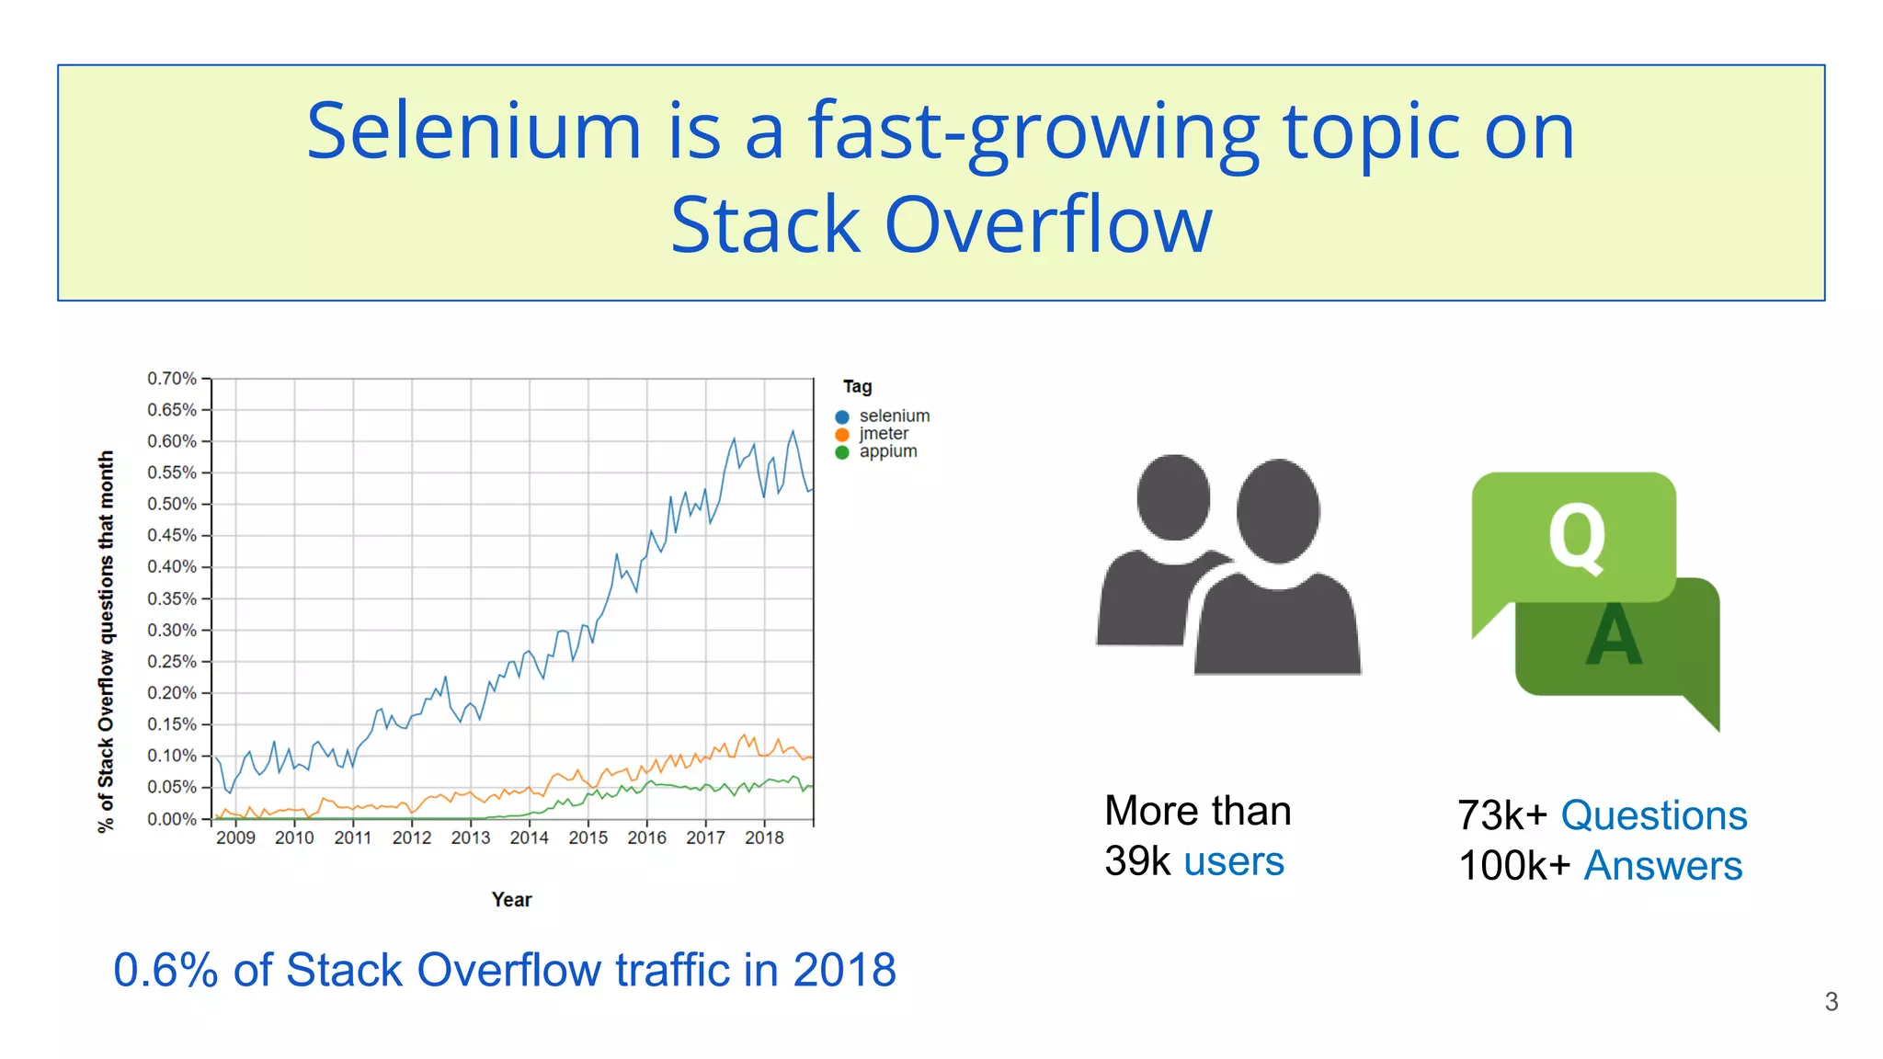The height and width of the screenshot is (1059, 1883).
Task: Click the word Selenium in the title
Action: (x=474, y=131)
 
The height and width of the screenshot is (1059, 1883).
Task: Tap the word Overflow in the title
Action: (x=1048, y=226)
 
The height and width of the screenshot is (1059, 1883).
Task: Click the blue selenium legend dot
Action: (x=842, y=416)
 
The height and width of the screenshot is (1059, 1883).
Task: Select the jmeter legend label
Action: (x=884, y=434)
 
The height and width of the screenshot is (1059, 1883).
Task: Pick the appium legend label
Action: (x=888, y=451)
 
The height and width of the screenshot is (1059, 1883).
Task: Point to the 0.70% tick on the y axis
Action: (x=172, y=379)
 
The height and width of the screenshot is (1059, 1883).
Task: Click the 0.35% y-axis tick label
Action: (x=172, y=598)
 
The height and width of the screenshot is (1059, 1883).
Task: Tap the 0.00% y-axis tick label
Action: (x=172, y=819)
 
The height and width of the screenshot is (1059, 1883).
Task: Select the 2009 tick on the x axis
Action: (x=235, y=837)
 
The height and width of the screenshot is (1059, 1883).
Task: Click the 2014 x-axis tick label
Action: (x=529, y=837)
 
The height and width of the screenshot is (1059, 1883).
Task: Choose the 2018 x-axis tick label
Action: (x=764, y=837)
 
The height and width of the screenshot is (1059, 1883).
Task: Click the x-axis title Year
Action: (x=511, y=900)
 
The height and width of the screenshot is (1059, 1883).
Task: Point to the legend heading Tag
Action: (x=857, y=387)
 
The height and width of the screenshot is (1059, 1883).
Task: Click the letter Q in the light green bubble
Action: (x=1577, y=538)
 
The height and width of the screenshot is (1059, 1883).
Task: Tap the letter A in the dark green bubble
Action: (x=1614, y=637)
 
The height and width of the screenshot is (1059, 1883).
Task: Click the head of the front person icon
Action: (x=1278, y=511)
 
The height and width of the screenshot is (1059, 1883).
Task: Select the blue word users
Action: (x=1233, y=861)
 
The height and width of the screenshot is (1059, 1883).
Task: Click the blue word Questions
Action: (x=1653, y=815)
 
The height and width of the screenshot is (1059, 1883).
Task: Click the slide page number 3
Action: (x=1831, y=1002)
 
